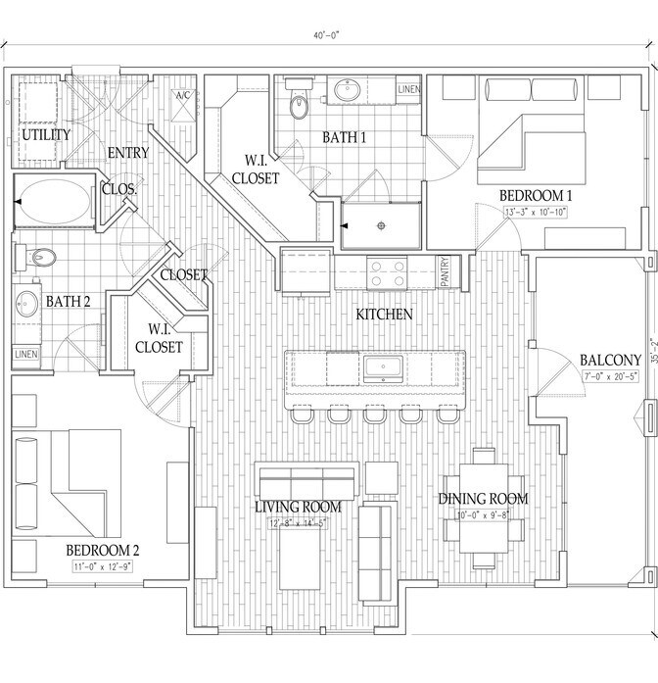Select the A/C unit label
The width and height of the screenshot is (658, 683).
tap(183, 95)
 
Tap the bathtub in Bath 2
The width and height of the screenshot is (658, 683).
tap(55, 201)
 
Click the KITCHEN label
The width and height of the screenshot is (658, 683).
tap(384, 316)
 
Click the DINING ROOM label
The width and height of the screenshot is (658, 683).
tap(483, 499)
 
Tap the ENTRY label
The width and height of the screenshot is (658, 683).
tap(126, 153)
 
